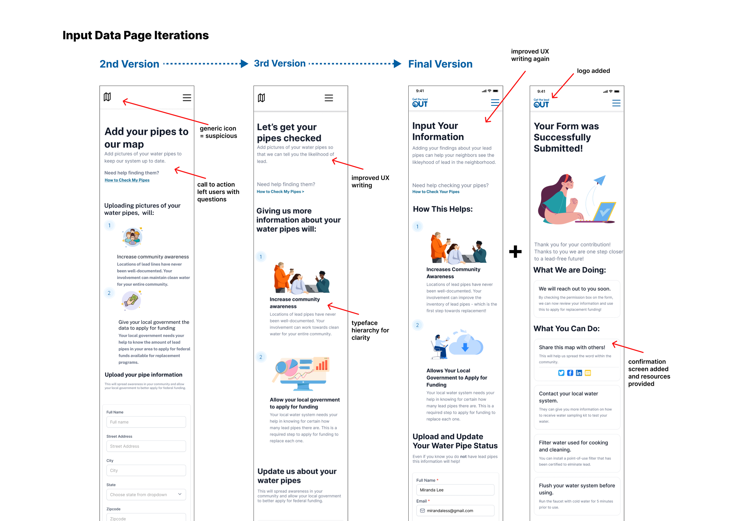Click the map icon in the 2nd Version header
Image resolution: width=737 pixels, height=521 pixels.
107,97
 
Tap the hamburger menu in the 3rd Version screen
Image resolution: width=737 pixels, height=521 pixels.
328,98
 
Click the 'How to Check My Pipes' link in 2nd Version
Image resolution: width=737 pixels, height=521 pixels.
127,180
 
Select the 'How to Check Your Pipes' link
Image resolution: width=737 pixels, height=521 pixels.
436,192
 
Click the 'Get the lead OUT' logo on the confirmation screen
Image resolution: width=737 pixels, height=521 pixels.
541,103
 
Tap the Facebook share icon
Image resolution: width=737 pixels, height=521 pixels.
570,373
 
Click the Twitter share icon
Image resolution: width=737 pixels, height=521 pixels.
561,373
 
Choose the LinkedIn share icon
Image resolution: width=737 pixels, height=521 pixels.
579,373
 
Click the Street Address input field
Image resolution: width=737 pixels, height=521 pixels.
146,446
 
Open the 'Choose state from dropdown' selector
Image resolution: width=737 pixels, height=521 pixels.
146,494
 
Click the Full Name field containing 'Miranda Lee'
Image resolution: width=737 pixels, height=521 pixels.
455,490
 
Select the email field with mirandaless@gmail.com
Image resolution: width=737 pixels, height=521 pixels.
455,511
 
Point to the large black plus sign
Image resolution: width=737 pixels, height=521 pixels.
515,252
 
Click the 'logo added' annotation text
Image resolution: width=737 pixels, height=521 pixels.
593,71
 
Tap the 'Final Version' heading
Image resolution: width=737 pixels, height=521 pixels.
440,64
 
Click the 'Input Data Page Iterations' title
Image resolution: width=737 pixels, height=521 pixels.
135,35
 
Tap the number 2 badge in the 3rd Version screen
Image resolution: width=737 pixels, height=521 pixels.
261,357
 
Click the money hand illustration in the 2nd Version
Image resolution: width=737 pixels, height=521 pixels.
131,300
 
